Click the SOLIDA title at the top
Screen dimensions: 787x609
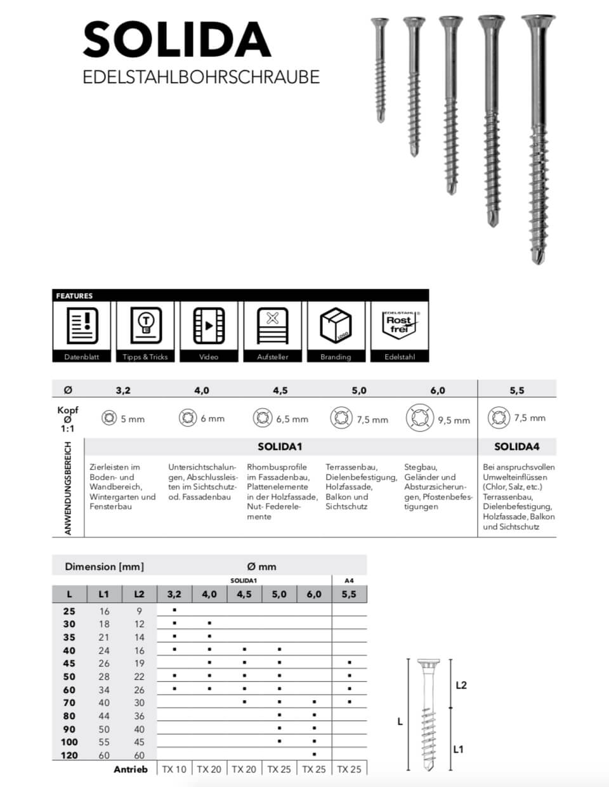[176, 39]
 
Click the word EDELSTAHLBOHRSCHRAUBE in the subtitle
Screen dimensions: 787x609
[201, 77]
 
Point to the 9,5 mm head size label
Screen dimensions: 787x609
[454, 420]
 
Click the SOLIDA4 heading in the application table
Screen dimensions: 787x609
[516, 446]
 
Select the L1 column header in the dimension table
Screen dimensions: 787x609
[103, 595]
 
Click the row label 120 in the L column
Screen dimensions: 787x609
[69, 755]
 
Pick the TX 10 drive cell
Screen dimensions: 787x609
[174, 769]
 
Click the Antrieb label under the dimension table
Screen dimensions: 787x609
[131, 769]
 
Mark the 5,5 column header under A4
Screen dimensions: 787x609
[349, 595]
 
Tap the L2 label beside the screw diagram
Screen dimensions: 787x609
[461, 685]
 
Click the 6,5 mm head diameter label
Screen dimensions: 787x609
[292, 420]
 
